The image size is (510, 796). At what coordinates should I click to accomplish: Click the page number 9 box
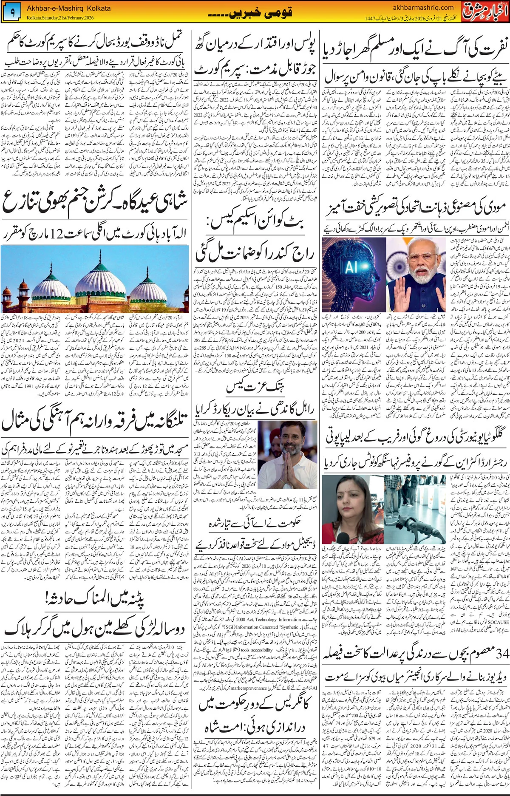point(12,13)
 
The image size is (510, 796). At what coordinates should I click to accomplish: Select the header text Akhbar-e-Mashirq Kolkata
point(69,8)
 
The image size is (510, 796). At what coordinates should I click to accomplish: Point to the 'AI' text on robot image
point(351,266)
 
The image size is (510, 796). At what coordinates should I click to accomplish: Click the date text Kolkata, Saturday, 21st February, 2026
point(60,18)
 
